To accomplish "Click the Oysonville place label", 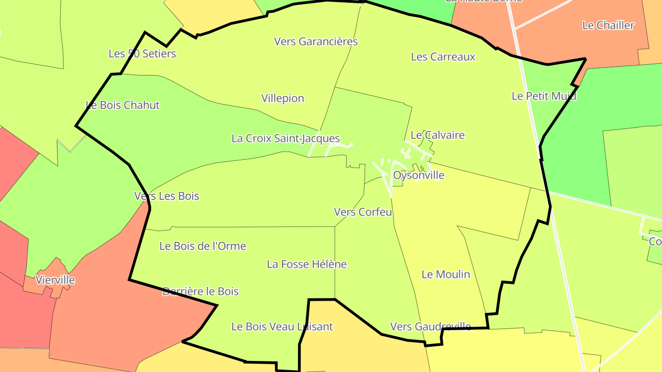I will [419, 175].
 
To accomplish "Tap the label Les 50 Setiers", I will [142, 54].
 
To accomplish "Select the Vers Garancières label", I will [316, 41].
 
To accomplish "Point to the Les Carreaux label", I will [443, 57].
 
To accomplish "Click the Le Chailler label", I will [608, 26].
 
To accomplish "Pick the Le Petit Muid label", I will [544, 96].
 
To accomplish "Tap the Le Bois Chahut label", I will [123, 105].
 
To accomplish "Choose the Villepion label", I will [283, 98].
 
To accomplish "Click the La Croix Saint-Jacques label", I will [285, 138].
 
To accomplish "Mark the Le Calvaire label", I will [438, 135].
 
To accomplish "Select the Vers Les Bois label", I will [166, 196].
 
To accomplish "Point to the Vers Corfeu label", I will [363, 212].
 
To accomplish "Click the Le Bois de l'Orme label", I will [203, 246].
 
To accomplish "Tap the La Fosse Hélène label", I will [307, 265].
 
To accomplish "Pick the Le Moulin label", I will [446, 275].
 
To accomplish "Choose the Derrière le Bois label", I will [200, 291].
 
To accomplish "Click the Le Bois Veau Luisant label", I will [282, 327].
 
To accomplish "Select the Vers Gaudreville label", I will [430, 327].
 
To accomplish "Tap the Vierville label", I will [55, 280].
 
